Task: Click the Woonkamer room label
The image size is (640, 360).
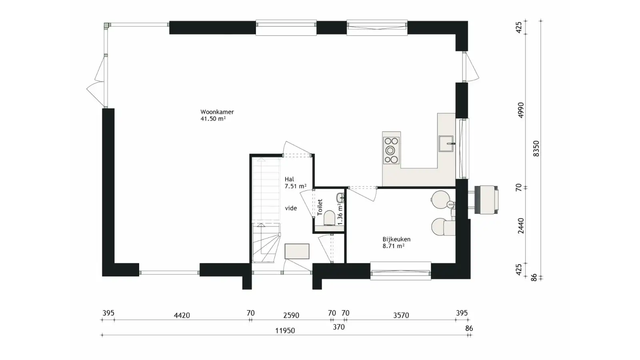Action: (x=217, y=112)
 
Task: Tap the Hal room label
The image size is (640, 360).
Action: (x=289, y=180)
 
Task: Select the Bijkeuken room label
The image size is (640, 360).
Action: (x=396, y=240)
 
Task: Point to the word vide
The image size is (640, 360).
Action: (x=291, y=208)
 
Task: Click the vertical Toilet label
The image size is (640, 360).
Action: (x=320, y=207)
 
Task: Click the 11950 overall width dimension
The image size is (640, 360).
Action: (x=285, y=330)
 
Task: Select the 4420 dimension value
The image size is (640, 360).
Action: (x=182, y=316)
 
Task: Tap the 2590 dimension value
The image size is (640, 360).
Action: (x=291, y=316)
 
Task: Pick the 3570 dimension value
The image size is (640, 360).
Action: (x=401, y=316)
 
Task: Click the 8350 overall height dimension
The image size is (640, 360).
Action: (x=536, y=148)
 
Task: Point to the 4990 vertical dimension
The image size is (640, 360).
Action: (x=521, y=110)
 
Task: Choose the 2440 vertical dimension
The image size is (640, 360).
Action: (x=521, y=226)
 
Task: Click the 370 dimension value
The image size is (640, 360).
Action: (x=338, y=327)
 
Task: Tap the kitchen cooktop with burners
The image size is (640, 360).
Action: (x=391, y=150)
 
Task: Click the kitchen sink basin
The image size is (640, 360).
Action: (x=446, y=144)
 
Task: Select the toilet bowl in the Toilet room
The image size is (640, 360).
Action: (x=330, y=218)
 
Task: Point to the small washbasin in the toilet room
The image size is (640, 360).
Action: (x=340, y=198)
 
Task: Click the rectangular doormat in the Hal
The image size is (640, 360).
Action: (x=297, y=251)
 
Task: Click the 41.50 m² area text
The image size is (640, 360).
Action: (x=213, y=119)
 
